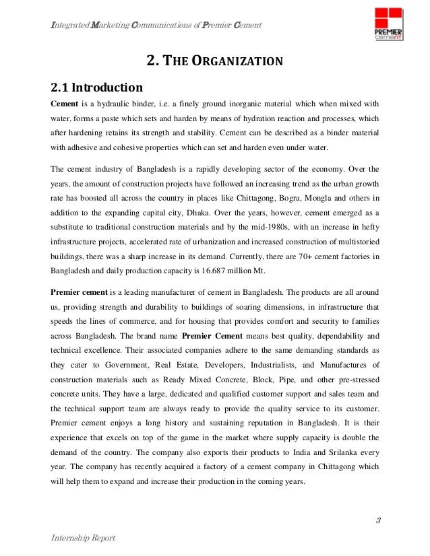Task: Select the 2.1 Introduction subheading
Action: [x=97, y=88]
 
